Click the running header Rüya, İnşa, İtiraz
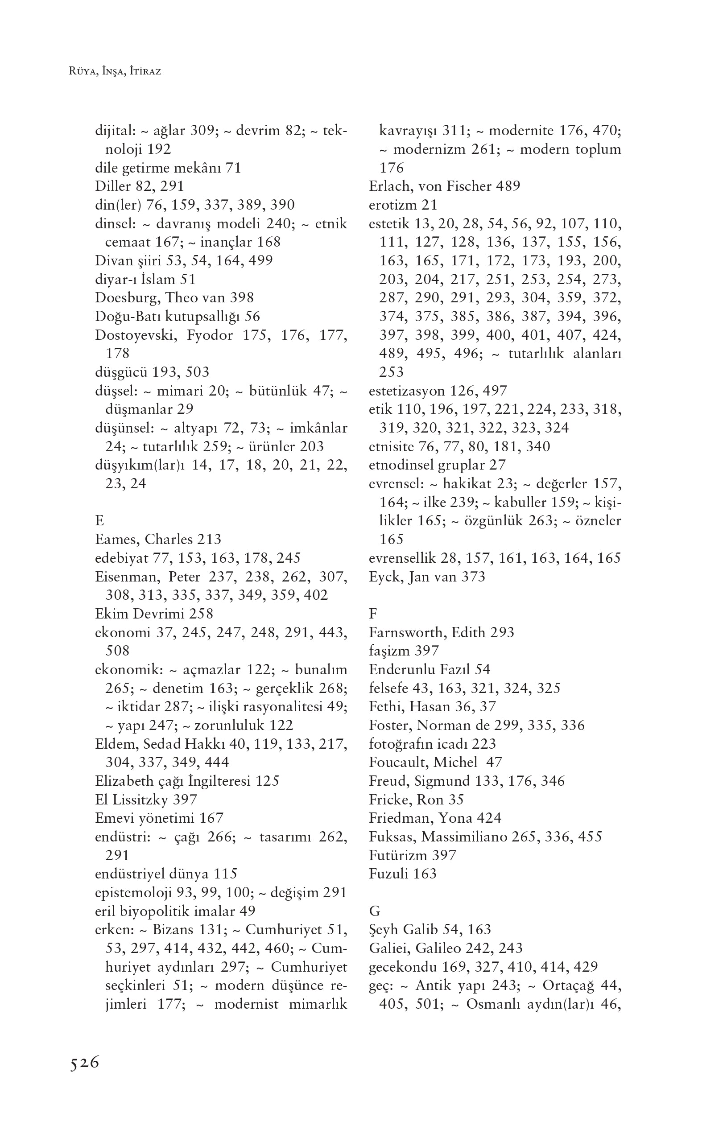pyautogui.click(x=115, y=72)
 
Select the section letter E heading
pyautogui.click(x=99, y=521)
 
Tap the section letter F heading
pyautogui.click(x=373, y=614)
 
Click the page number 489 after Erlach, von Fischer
pyautogui.click(x=508, y=186)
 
